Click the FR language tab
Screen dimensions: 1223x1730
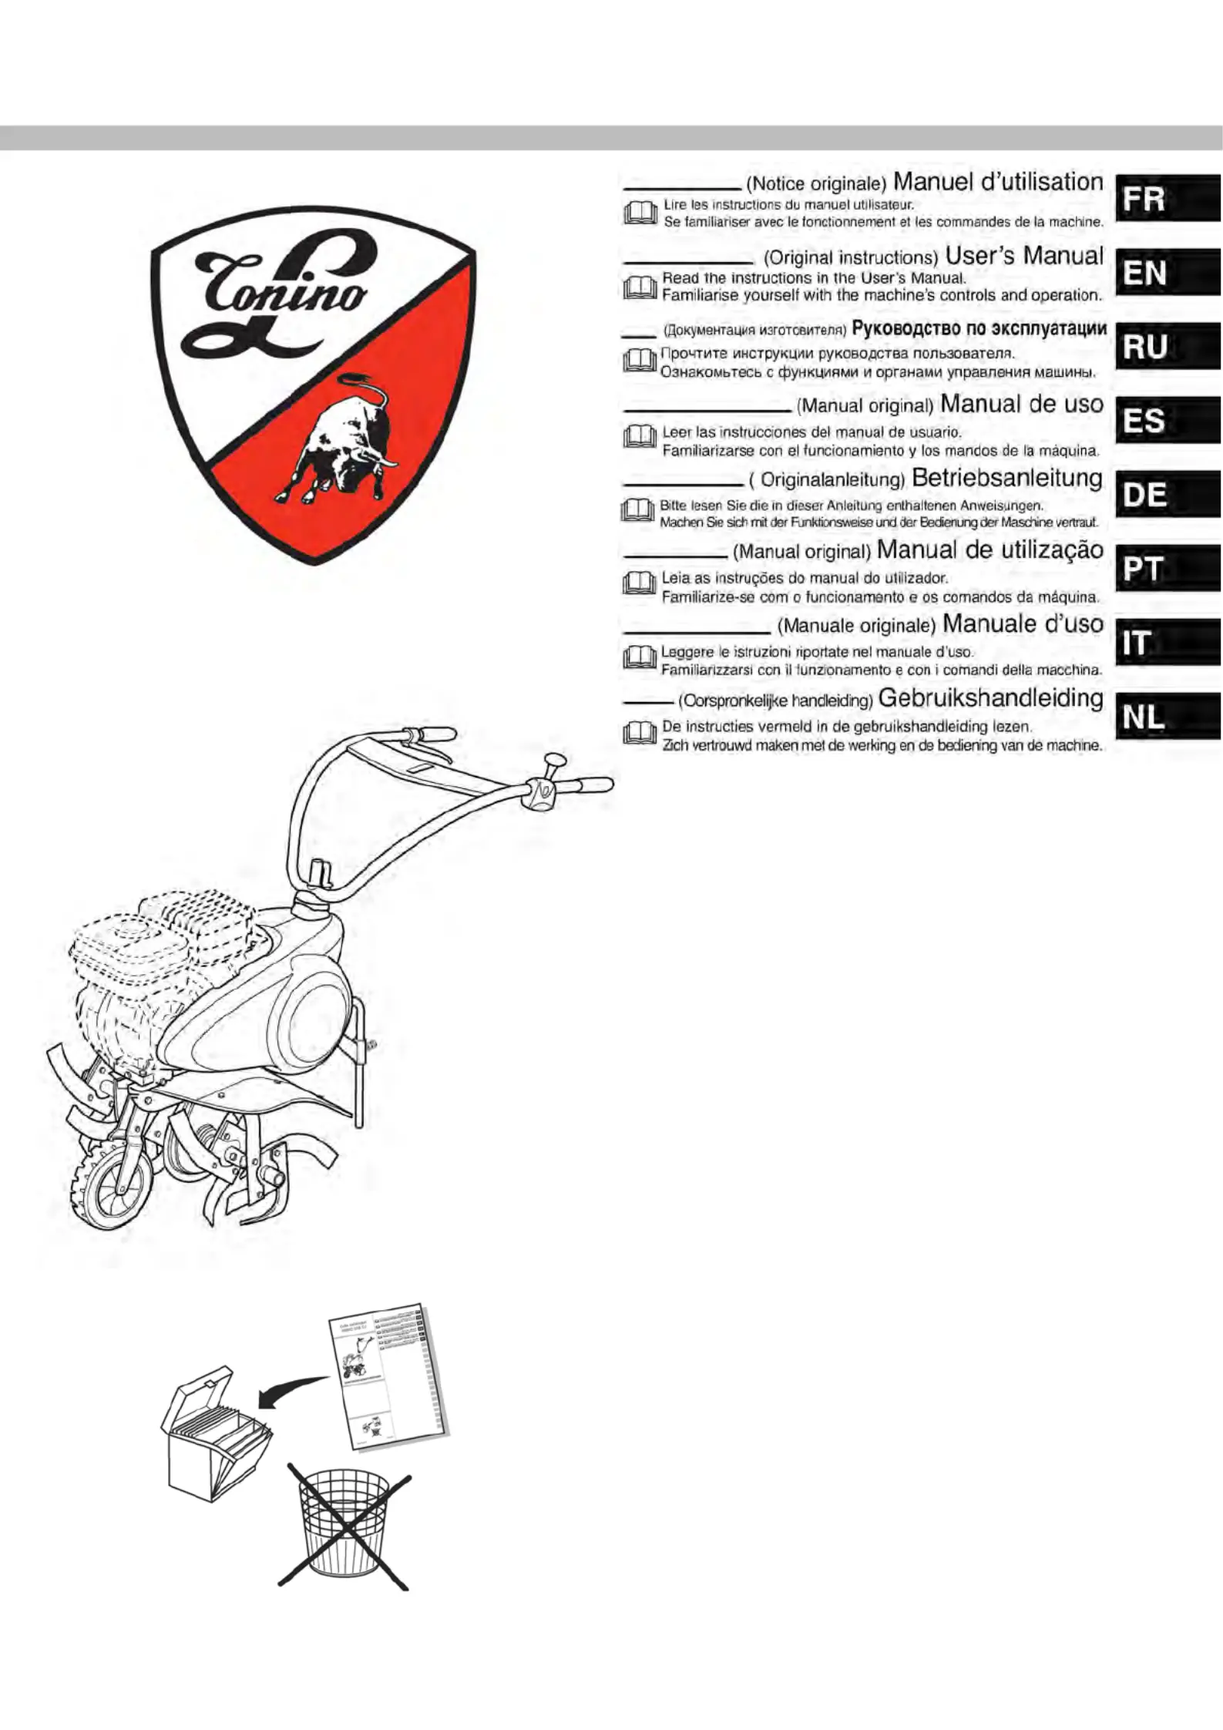(1168, 198)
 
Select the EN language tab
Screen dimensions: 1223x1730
(1168, 272)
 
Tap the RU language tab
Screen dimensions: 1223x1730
(1168, 346)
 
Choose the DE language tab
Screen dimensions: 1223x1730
(1168, 494)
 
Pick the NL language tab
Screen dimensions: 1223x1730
(1168, 716)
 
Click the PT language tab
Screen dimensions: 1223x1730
(1168, 568)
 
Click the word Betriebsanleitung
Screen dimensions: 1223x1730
(1007, 479)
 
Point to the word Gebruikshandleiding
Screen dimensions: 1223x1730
(991, 698)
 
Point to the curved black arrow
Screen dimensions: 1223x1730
(293, 1389)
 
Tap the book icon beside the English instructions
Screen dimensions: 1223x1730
(639, 287)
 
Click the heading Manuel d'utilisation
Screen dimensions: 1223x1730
(998, 183)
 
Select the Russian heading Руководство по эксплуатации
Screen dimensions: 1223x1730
(979, 329)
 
